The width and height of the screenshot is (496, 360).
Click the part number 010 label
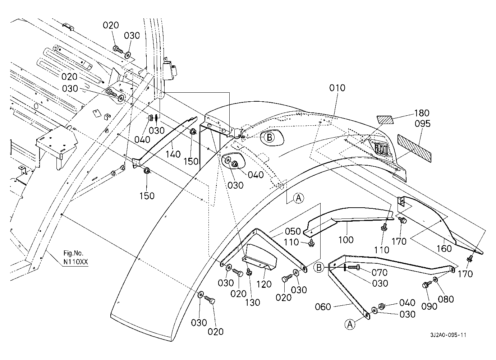coord(337,88)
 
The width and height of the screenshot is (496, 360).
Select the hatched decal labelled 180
coord(385,120)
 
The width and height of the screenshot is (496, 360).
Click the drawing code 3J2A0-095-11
coord(448,335)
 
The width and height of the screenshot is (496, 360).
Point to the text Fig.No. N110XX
coord(76,257)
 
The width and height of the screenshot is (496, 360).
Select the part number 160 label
coord(444,249)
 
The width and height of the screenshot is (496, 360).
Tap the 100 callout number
coord(346,240)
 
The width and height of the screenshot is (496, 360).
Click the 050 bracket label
coord(293,231)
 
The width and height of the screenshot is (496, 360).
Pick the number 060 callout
coord(323,307)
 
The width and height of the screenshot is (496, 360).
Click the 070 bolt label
coord(380,273)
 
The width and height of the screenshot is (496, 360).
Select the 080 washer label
coord(446,299)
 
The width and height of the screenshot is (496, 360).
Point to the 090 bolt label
coord(429,306)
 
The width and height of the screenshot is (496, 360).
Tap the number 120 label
coord(264,284)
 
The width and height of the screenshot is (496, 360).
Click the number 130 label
coord(253,303)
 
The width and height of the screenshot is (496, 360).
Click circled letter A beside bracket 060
coord(350,324)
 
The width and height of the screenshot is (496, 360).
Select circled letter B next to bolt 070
coord(319,268)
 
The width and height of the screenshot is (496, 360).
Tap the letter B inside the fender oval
coord(269,138)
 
